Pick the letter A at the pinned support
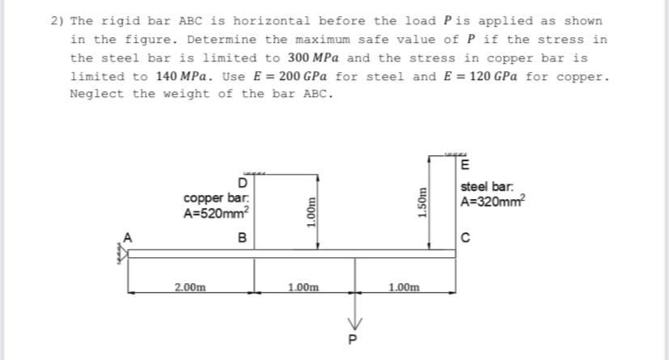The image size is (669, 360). pyautogui.click(x=125, y=237)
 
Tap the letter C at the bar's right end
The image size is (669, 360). pyautogui.click(x=464, y=237)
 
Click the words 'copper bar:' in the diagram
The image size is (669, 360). pyautogui.click(x=210, y=198)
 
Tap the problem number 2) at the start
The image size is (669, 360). pyautogui.click(x=57, y=21)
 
